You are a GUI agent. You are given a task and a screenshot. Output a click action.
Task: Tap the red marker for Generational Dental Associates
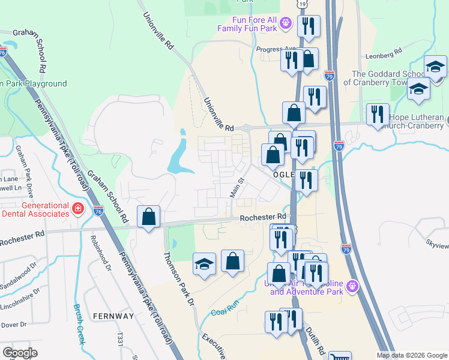coord(77,209)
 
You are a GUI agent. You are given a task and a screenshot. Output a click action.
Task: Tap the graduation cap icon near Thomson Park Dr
coord(204,264)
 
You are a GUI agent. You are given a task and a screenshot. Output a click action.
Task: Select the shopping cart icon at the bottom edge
coord(340,356)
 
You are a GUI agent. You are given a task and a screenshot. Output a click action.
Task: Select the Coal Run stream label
coord(226,312)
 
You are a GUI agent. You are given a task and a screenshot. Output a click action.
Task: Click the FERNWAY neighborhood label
coord(113,316)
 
